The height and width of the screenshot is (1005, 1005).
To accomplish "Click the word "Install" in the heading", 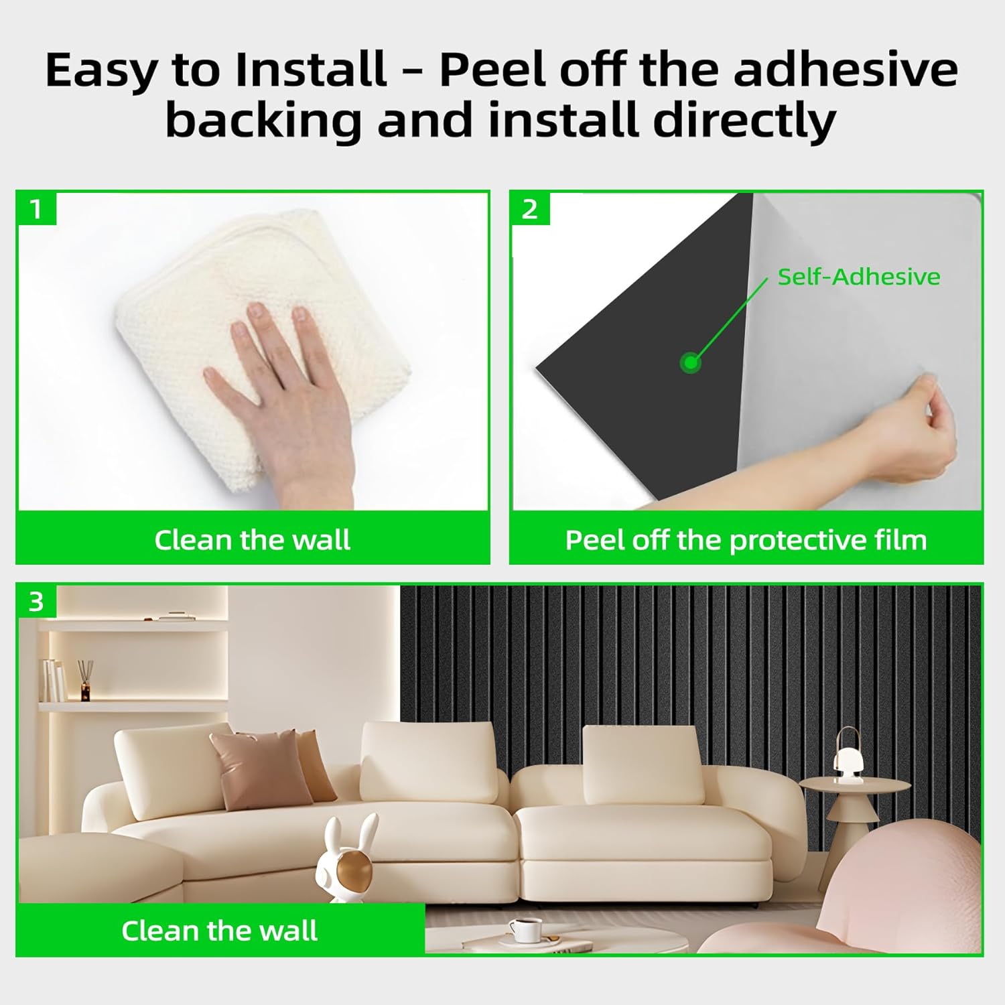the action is (311, 70).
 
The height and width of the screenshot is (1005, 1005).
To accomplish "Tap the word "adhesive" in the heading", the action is (846, 70).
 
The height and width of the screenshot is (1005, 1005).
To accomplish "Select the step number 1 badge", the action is (36, 209).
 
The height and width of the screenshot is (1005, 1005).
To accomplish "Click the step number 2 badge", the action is (530, 209).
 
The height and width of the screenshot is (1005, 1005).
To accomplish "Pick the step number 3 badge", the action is (36, 601).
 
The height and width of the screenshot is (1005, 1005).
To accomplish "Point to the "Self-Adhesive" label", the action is (858, 277).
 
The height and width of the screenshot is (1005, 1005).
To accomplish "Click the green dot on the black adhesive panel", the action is (690, 364).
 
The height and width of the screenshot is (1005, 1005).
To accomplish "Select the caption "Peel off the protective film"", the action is (746, 540).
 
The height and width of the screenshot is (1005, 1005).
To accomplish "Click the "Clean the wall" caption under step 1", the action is (253, 540).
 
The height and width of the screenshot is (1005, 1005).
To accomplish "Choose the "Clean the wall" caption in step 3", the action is (220, 931).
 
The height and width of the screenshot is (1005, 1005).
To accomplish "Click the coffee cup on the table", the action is (525, 929).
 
